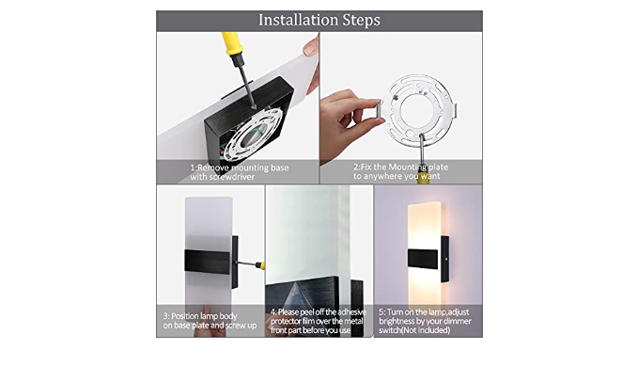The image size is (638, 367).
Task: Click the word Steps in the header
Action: [x=362, y=21]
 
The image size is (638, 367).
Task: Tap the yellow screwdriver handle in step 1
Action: [x=233, y=44]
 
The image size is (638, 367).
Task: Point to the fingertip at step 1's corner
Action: [x=311, y=47]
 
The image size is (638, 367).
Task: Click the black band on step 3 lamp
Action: [x=207, y=261]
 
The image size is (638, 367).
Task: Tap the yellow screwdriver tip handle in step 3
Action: [x=262, y=265]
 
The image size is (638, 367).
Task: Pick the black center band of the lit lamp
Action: [x=423, y=259]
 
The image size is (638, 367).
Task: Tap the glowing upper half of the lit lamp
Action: [x=424, y=225]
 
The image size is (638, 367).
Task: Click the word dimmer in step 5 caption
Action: [x=458, y=321]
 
